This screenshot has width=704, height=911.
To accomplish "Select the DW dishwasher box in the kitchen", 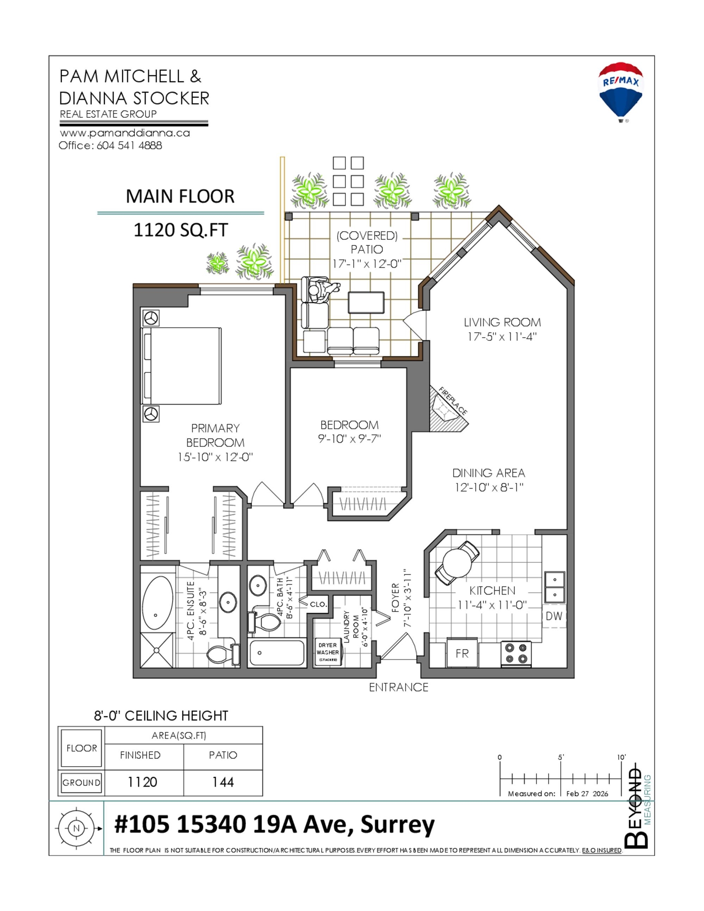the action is tap(554, 616).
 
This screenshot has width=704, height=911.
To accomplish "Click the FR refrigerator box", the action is tap(462, 653).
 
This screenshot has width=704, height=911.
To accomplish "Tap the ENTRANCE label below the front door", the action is tap(399, 687).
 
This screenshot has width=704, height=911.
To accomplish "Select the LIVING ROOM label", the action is tap(502, 322).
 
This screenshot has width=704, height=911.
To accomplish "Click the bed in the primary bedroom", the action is tap(182, 366).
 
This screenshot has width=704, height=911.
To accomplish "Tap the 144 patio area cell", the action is tap(223, 782).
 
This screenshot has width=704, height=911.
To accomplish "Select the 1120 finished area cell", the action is tap(142, 782).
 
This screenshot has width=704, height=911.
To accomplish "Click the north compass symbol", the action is tap(76, 828).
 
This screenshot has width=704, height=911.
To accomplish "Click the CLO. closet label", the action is tap(318, 604).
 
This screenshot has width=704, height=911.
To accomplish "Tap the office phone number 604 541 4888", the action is tap(129, 146).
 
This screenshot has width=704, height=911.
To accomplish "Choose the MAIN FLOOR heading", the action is tap(180, 197).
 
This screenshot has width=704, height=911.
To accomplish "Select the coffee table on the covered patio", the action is tap(366, 303).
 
